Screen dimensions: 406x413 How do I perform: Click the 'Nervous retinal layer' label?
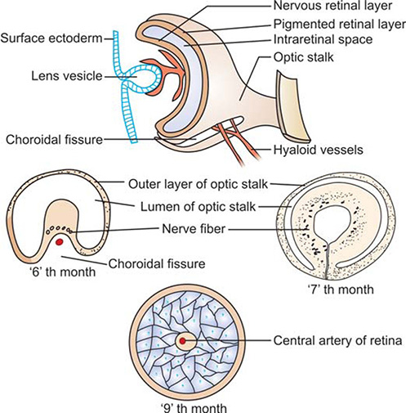[x=332, y=6]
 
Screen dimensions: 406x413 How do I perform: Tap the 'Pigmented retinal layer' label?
[x=340, y=25]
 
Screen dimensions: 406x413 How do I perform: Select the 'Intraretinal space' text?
[x=323, y=39]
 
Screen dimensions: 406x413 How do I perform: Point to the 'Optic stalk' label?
[x=303, y=57]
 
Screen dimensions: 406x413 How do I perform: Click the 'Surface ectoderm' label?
[x=51, y=38]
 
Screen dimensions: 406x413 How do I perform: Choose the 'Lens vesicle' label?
[x=67, y=76]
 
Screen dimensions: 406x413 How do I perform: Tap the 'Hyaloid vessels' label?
[x=318, y=150]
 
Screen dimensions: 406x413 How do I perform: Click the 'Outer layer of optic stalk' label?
[x=199, y=184]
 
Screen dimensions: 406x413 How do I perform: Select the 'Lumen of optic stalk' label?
[x=198, y=207]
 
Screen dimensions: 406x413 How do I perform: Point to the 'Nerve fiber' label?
[x=194, y=228]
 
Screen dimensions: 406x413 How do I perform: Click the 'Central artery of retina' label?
[x=337, y=340]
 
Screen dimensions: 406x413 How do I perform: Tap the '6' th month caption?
[x=63, y=272]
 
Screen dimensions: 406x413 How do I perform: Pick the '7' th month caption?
[x=341, y=289]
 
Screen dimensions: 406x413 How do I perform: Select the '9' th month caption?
[x=194, y=408]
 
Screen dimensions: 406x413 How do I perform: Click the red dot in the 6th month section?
[x=59, y=241]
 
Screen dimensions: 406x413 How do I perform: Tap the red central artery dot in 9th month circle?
[x=182, y=341]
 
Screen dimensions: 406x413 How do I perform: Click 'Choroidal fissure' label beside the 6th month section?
[x=157, y=263]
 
